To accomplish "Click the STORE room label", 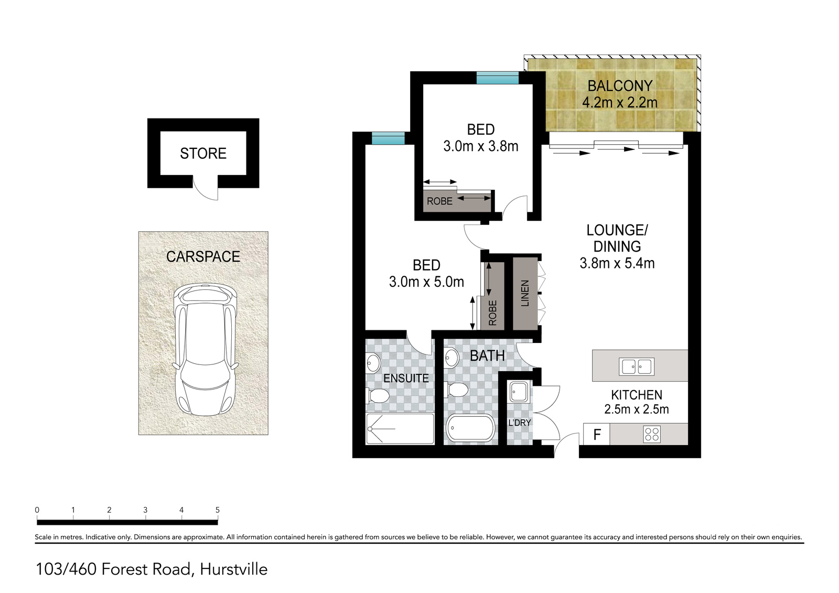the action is (203, 154).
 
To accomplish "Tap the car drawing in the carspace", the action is (205, 349).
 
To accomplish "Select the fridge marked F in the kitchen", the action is (597, 434).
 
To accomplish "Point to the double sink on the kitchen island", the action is (637, 366).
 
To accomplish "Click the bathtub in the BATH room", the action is (470, 427).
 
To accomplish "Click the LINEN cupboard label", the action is (525, 293).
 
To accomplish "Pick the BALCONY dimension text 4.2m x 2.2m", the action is (620, 102).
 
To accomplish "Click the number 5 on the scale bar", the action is (218, 510).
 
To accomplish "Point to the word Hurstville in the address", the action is (234, 569).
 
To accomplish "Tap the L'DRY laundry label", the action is (520, 423).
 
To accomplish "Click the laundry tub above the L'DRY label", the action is (519, 392).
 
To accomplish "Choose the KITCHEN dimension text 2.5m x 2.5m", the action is (637, 409).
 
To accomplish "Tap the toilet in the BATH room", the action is (456, 390).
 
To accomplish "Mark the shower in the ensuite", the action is (400, 428).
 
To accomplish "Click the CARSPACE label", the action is (203, 256).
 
